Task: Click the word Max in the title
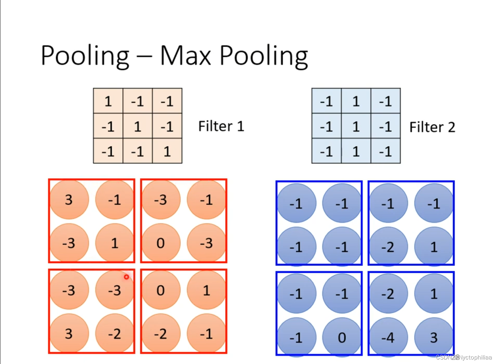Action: (185, 55)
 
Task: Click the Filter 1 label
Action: (221, 126)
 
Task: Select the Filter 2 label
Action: (432, 127)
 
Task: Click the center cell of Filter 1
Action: (137, 126)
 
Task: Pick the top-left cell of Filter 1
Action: (108, 101)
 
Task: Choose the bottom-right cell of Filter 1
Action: (167, 151)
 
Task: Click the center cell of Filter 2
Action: (356, 126)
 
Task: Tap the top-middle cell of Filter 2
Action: (356, 101)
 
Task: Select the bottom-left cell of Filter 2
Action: (326, 151)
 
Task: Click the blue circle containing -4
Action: (388, 337)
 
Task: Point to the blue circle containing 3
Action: (434, 337)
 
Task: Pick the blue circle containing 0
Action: (342, 337)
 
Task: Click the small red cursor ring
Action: (126, 277)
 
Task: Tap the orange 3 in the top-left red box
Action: (69, 200)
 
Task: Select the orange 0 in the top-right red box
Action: (161, 243)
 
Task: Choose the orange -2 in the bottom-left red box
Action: (115, 333)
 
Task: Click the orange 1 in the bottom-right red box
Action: (206, 290)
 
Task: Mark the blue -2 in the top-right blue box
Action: (388, 247)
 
